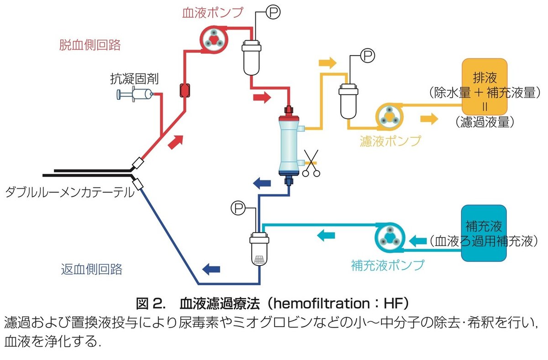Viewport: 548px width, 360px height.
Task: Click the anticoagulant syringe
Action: click(x=135, y=94)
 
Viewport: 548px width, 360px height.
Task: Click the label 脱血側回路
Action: click(x=90, y=44)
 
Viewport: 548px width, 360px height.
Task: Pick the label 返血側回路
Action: click(x=91, y=269)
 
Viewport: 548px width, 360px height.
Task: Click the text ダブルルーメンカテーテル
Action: click(x=68, y=193)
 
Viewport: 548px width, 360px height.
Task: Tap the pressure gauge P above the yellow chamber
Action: click(x=368, y=56)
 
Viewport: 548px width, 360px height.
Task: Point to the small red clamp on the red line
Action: click(x=184, y=91)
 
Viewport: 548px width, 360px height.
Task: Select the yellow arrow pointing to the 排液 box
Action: click(x=428, y=119)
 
